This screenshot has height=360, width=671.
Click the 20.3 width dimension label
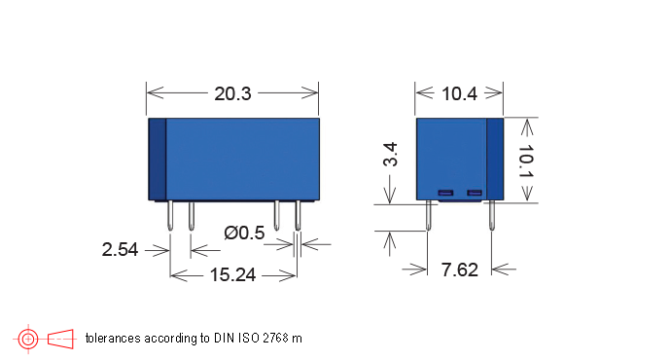click(x=232, y=94)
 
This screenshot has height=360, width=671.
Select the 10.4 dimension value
click(x=458, y=94)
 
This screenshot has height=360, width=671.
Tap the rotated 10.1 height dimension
click(x=525, y=162)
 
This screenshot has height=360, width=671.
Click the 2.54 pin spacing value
click(x=120, y=249)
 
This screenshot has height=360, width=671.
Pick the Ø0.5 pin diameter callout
click(x=244, y=233)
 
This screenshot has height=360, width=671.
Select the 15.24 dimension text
click(x=232, y=275)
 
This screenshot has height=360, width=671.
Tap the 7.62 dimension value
click(x=459, y=270)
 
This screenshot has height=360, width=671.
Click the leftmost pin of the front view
click(x=171, y=216)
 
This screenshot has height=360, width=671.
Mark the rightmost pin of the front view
click(x=298, y=216)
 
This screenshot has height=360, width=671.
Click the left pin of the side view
click(x=429, y=216)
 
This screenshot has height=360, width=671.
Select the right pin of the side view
click(x=492, y=216)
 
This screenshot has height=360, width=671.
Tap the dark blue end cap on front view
click(x=157, y=159)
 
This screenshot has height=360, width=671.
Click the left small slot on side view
click(x=446, y=193)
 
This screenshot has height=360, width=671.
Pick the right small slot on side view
click(x=475, y=193)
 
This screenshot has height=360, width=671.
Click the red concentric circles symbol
click(x=28, y=339)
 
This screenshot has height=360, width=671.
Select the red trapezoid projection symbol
click(x=61, y=339)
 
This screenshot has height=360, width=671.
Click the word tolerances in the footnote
click(x=113, y=339)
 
